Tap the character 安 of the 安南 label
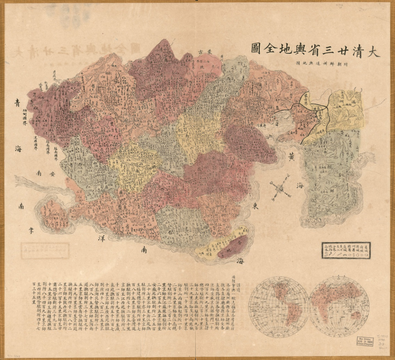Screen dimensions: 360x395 [53, 174]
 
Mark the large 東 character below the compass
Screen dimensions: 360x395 [255, 206]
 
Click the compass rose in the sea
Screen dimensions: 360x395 [280, 188]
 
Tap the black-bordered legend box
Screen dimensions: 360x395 [346, 250]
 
